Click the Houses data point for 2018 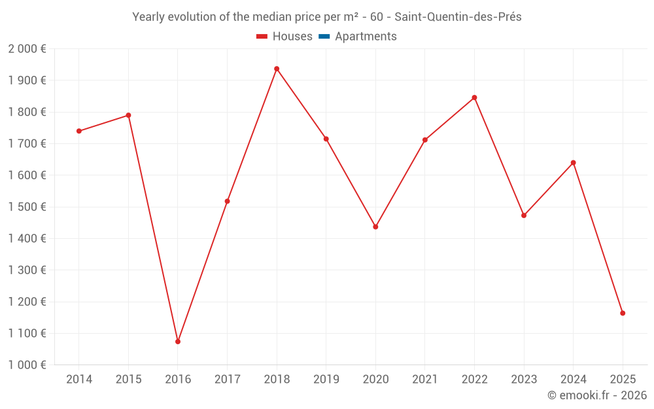click(277, 69)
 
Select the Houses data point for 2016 click(178, 342)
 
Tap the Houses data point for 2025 click(623, 313)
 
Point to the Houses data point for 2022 click(474, 98)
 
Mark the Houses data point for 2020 click(375, 226)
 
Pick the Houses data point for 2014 click(79, 131)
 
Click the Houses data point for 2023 click(524, 215)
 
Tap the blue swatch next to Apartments click(324, 37)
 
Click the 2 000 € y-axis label click(27, 49)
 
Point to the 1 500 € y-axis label click(27, 207)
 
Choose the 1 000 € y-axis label click(27, 365)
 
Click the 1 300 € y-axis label click(27, 270)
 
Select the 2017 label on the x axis click(227, 380)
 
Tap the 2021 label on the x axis click(425, 380)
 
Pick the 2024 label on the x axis click(573, 380)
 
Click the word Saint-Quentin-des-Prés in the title click(458, 17)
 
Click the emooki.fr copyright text click(597, 395)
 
